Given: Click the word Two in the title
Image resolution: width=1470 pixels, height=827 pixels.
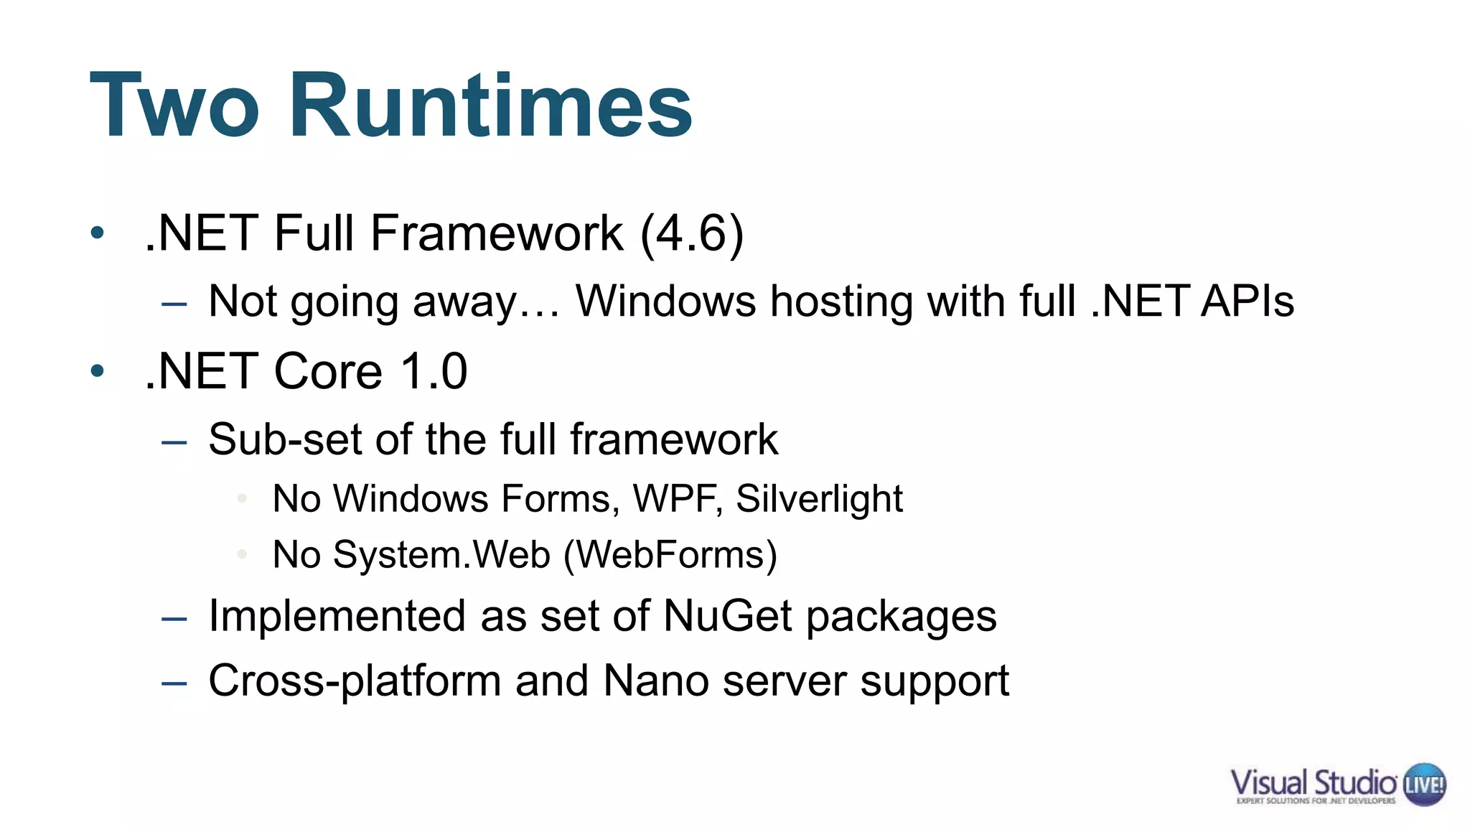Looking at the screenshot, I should coord(174,106).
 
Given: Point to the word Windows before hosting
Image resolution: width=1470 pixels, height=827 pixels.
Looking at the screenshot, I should coord(665,301).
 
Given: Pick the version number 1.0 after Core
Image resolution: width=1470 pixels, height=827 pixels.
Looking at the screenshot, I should coord(434,371).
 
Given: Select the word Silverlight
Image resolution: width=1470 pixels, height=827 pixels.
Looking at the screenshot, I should coord(819,499).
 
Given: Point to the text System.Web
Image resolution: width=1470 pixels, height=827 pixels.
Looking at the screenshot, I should coord(441,555).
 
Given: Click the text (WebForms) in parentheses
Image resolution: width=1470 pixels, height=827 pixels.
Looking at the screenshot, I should coord(670,555).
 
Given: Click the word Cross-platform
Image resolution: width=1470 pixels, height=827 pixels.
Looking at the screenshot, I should coord(355,681).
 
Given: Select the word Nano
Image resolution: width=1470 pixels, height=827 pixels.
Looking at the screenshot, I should coord(656,681).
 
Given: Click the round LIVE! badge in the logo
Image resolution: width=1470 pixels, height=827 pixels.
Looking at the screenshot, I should coord(1424,784).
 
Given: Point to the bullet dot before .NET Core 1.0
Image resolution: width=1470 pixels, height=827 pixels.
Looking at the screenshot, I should coord(98,371).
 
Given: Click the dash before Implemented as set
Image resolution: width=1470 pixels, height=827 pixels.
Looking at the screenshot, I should coord(174,618).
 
